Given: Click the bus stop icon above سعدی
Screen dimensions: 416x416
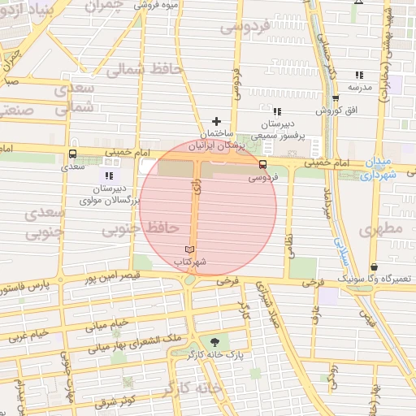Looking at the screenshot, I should [73, 154].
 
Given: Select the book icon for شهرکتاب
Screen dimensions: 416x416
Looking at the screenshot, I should [190, 249].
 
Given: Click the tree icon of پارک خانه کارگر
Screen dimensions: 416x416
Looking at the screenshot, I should [214, 343].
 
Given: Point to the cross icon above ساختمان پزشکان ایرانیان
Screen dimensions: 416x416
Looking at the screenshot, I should [216, 121].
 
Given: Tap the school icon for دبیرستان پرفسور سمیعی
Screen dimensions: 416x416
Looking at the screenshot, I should [277, 111].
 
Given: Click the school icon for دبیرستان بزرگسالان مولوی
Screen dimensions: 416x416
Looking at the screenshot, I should [109, 175].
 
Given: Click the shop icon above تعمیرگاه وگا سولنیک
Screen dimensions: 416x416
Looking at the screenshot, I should [374, 266].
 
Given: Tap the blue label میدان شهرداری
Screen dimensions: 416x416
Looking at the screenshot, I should [379, 167].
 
